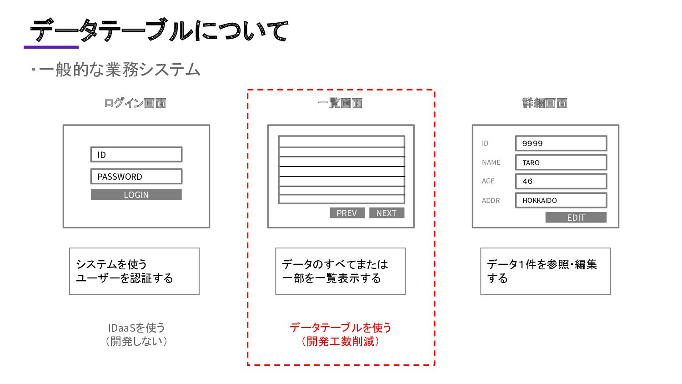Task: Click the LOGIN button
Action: (x=136, y=195)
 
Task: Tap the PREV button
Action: (x=347, y=213)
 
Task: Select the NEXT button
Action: (x=386, y=213)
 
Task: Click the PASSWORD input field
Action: (x=136, y=177)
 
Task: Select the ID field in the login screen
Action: (x=136, y=155)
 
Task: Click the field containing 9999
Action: (x=561, y=143)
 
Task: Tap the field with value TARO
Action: (x=561, y=162)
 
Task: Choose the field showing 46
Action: (x=561, y=182)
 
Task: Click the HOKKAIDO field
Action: (x=561, y=200)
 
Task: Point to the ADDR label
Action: (x=491, y=201)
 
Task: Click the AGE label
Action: (x=488, y=181)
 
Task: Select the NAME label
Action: (x=491, y=162)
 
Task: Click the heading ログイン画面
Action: (x=135, y=103)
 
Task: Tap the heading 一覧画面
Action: (x=340, y=103)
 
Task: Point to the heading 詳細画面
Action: (x=545, y=103)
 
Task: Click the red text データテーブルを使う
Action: (x=341, y=328)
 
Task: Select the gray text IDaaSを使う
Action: (x=136, y=328)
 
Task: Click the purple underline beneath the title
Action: (x=51, y=47)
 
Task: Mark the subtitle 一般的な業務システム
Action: (x=119, y=70)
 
